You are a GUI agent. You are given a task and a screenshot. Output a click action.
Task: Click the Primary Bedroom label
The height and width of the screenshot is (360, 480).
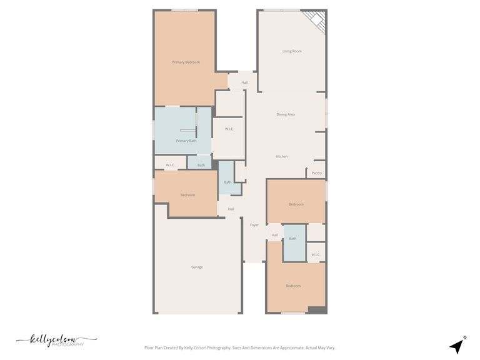point(186,62)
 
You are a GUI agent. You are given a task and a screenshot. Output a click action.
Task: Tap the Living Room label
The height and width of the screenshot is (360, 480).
point(292,51)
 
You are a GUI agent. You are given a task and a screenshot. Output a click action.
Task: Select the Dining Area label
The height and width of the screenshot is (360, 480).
point(286,114)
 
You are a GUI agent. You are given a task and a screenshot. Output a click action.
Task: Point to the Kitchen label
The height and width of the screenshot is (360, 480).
point(282,156)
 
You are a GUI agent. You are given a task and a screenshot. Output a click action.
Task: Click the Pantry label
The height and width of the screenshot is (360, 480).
point(316,173)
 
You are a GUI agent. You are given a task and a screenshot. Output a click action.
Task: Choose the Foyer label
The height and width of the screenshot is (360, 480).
point(254,225)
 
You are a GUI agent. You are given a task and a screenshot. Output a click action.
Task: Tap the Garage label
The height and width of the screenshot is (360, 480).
point(197,267)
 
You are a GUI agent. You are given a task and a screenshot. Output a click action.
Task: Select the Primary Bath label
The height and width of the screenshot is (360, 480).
point(186,141)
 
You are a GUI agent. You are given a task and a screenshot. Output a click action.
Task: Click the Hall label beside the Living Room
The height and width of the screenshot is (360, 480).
point(244,82)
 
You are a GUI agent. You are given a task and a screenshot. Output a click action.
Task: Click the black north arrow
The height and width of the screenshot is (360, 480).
point(457,346)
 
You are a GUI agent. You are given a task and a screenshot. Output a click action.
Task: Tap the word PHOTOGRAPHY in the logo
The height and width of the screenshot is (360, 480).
point(67,344)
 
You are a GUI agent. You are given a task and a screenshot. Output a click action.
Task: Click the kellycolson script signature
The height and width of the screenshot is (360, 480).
point(57,340)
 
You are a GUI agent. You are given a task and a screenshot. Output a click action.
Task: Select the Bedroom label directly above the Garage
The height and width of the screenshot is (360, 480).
point(187,195)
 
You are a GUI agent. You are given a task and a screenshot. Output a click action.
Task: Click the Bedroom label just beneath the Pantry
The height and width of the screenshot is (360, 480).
point(296,204)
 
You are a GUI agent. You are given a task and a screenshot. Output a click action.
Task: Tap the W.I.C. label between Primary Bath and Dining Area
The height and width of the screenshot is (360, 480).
point(229,129)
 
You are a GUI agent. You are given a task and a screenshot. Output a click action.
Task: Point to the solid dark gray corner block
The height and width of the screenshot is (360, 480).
point(317,310)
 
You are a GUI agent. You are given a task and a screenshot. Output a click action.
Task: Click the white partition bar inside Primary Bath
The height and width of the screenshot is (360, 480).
point(187,131)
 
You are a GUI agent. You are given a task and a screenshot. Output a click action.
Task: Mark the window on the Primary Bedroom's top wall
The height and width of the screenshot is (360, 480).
point(184,11)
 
